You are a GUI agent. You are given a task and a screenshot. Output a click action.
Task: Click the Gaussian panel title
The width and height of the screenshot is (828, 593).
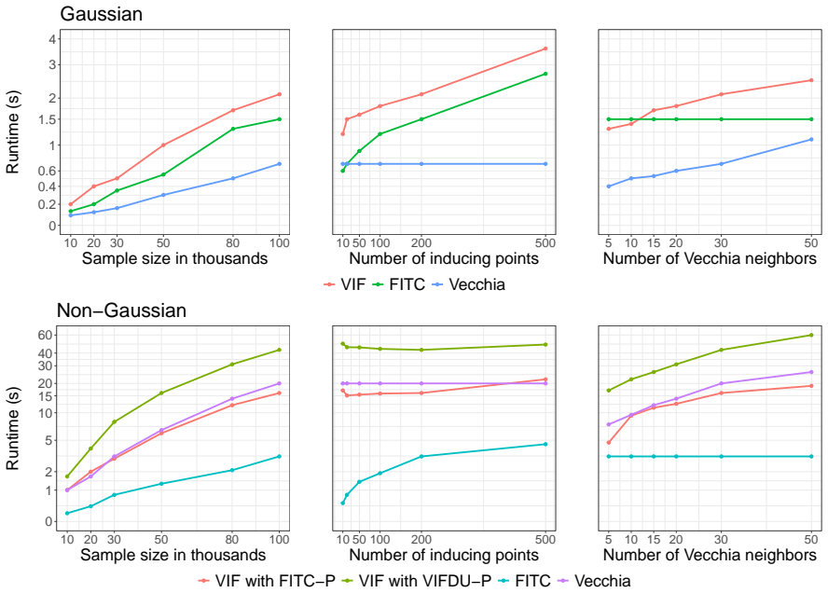tap(101, 14)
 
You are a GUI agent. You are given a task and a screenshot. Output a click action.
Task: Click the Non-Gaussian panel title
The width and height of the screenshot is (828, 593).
tap(121, 310)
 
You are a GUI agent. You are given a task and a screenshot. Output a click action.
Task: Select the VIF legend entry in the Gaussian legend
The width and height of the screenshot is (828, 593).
tap(344, 284)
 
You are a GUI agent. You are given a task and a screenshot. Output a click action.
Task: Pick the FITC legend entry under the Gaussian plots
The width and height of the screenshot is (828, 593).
tap(399, 284)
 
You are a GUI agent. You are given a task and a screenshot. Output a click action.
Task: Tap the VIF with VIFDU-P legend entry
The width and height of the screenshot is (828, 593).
tap(417, 581)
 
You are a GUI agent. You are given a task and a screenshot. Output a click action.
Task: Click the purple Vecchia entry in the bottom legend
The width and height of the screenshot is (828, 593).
tap(594, 581)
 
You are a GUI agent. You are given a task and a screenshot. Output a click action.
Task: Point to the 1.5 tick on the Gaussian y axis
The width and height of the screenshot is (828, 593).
tap(45, 120)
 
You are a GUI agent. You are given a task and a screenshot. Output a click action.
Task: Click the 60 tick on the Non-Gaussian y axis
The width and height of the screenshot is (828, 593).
tap(45, 335)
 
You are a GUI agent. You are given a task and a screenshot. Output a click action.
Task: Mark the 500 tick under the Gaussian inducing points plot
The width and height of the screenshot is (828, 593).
tap(545, 243)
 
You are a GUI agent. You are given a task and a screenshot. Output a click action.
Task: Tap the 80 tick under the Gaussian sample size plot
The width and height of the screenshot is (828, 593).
tap(232, 243)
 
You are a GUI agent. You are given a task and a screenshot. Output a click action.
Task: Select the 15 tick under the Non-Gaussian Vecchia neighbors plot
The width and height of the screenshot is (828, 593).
tap(654, 540)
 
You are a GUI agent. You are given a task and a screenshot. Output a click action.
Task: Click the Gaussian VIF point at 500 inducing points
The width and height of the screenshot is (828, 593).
tap(545, 48)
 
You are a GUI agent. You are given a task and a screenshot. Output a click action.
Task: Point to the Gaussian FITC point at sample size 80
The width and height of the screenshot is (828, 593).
tap(232, 129)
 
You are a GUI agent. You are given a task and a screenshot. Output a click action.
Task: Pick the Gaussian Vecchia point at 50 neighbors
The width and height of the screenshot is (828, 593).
tap(811, 140)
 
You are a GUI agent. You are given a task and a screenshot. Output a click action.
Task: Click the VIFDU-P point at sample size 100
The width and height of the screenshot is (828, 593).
tap(279, 350)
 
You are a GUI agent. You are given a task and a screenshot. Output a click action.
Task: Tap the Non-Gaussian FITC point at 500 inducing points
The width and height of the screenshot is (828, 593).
tap(545, 444)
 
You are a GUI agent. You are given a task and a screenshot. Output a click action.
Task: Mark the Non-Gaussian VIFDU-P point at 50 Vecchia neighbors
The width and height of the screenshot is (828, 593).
tap(811, 336)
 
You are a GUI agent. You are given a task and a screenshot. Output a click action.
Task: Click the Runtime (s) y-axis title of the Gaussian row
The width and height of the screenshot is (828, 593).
tap(13, 132)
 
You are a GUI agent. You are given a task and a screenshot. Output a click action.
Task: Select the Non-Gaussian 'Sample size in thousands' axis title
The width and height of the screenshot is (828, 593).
tap(173, 555)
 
